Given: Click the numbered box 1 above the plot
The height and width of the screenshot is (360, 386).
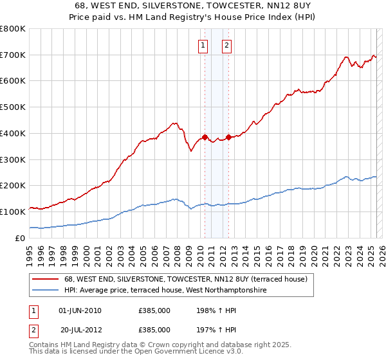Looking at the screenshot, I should (x=203, y=45).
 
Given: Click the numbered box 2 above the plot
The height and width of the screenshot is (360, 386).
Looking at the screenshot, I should (x=228, y=45).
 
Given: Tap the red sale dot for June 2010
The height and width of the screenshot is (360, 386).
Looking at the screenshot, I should (x=205, y=137).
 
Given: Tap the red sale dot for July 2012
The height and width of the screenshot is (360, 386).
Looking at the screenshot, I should (x=228, y=137).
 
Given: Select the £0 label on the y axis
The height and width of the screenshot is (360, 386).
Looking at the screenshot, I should (x=20, y=238).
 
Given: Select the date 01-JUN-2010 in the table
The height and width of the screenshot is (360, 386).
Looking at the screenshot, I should (x=80, y=311).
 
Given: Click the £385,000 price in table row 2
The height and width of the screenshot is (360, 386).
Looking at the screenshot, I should (x=154, y=329).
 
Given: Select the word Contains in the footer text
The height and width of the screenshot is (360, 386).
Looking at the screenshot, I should (x=45, y=345).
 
